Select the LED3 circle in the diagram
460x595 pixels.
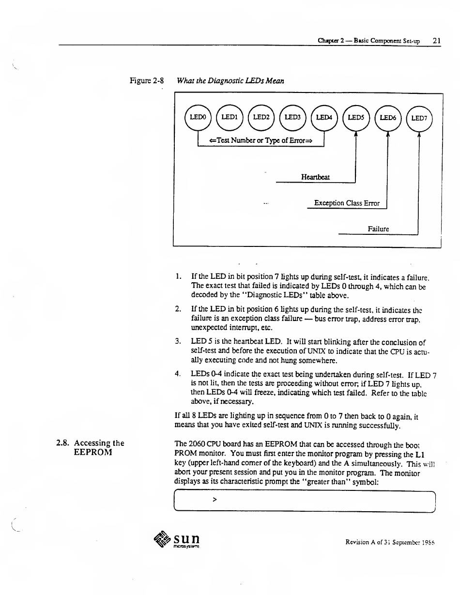(x=292, y=117)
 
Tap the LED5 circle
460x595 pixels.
(x=355, y=118)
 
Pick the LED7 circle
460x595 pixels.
(x=418, y=118)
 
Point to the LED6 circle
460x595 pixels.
(x=387, y=118)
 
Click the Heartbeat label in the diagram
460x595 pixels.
(x=315, y=177)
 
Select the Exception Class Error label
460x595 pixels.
(x=347, y=203)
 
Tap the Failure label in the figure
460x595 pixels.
(x=378, y=229)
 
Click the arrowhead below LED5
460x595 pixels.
(x=355, y=136)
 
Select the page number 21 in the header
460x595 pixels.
(x=436, y=41)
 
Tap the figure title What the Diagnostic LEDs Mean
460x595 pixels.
(x=230, y=81)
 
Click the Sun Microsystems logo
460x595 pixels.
(x=176, y=539)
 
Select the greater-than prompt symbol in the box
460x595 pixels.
(x=215, y=501)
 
